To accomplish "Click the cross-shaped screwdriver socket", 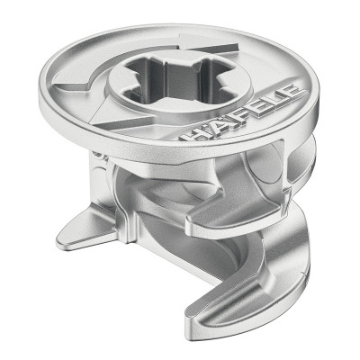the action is (x=177, y=80).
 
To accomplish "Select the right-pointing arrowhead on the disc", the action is (x=210, y=45).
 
